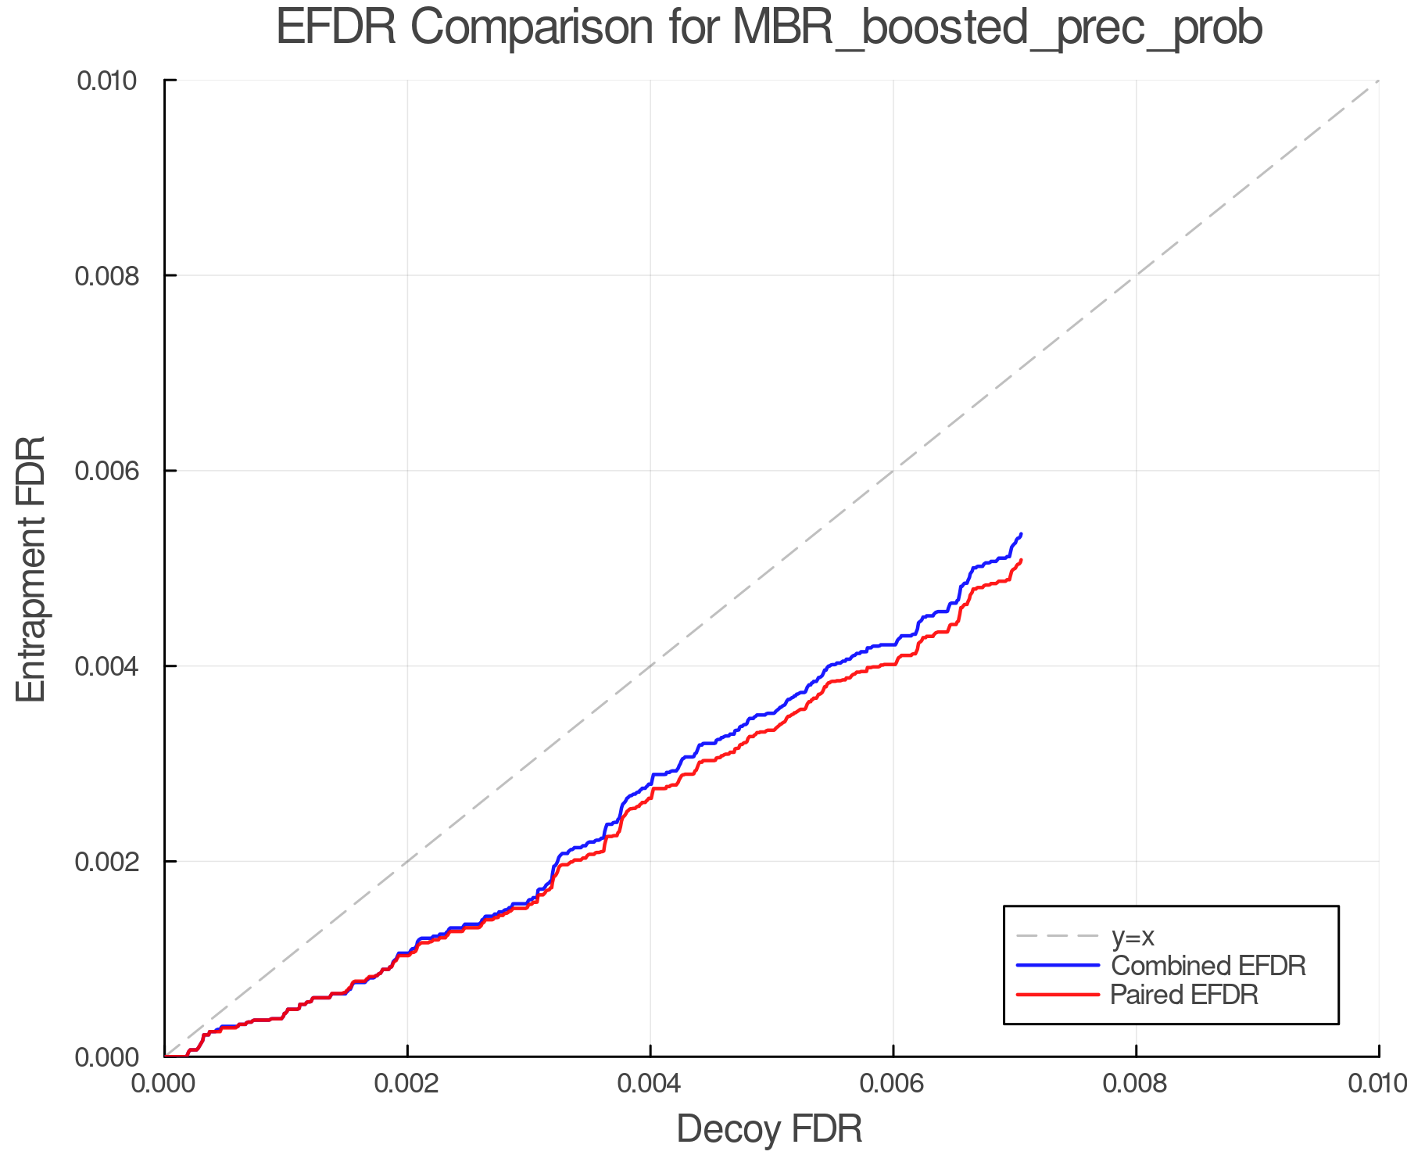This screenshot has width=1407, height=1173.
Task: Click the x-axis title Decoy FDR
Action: pos(769,1128)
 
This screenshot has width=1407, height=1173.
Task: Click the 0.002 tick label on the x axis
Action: pos(407,1084)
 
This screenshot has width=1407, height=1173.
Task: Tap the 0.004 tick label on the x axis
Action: pos(650,1084)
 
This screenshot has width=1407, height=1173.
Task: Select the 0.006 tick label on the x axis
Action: pos(893,1084)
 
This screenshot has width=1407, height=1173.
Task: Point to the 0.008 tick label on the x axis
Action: pos(1136,1084)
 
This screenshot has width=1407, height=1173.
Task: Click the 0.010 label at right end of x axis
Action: pos(1377,1084)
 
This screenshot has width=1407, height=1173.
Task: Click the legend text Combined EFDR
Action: pos(1208,966)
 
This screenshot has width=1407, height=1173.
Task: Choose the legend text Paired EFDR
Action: pos(1184,995)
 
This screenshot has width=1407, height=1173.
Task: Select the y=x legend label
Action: pos(1133,936)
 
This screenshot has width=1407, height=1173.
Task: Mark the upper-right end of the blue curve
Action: pos(1021,534)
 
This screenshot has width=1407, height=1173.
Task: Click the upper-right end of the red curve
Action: pos(1021,560)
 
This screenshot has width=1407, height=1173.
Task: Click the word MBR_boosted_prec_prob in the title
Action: pos(997,28)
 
